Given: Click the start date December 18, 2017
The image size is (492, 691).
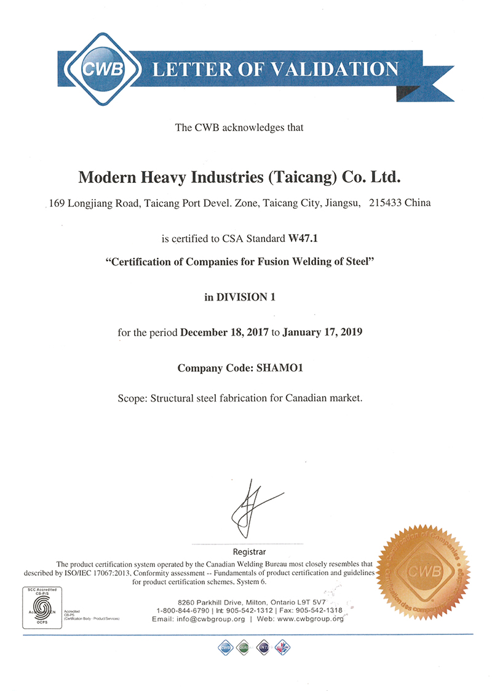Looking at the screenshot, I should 224,333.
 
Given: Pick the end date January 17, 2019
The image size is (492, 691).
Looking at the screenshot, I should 323,333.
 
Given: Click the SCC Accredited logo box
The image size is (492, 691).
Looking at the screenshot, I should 42,607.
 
